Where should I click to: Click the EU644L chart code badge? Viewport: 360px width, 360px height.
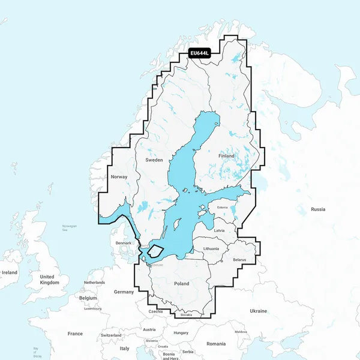coord(200,53)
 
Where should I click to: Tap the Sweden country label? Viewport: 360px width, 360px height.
coord(154,161)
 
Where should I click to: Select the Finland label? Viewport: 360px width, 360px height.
coord(227,156)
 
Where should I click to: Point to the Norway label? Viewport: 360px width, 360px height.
coord(119,177)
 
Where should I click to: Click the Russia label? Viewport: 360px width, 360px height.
coord(318,209)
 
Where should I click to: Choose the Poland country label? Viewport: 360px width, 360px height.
coord(181,284)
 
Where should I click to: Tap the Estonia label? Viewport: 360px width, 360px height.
coord(223,208)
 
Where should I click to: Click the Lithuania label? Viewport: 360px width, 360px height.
coord(211,248)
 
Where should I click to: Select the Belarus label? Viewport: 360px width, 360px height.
coord(240,260)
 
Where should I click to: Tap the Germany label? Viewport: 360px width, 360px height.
coord(124,292)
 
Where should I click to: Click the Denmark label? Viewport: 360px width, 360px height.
coord(124,243)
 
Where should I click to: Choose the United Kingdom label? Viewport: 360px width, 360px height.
coord(50,280)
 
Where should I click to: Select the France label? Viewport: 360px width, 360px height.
coord(75,334)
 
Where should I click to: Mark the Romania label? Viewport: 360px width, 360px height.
coord(216,344)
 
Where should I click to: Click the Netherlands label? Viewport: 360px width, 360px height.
coord(94,283)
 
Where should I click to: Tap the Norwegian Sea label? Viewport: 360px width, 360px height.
coord(70,228)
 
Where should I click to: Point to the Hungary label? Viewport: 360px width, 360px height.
coord(181,332)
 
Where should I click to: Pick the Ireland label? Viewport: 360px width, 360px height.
coord(10,272)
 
